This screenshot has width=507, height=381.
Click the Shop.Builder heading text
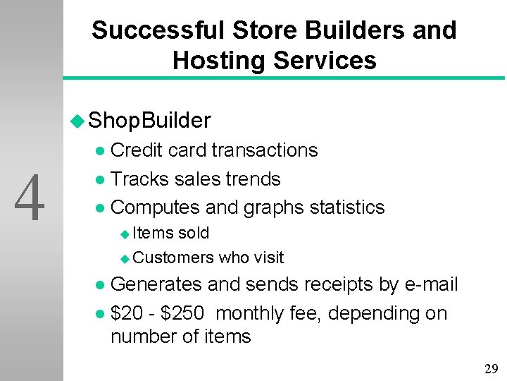pyautogui.click(x=150, y=121)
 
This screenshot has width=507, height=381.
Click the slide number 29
pyautogui.click(x=491, y=368)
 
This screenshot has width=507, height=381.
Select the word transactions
pyautogui.click(x=265, y=150)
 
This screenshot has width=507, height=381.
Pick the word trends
pyautogui.click(x=254, y=179)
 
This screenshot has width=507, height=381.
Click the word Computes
pyautogui.click(x=156, y=207)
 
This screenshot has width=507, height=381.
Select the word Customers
pyautogui.click(x=173, y=258)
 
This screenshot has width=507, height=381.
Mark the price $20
pyautogui.click(x=125, y=313)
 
